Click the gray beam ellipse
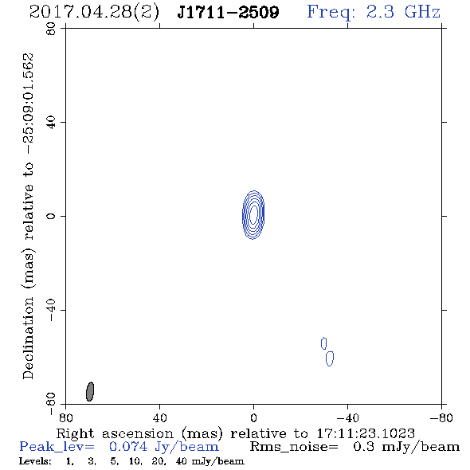[x=90, y=391]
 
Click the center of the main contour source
[x=253, y=214]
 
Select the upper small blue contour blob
[x=323, y=343]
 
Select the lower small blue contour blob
[x=330, y=358]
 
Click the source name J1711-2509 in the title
[x=228, y=12]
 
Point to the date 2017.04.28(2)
[x=94, y=13]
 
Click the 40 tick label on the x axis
[x=159, y=417]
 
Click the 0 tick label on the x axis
[x=253, y=417]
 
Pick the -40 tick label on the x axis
[x=347, y=417]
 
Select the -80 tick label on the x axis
[x=441, y=417]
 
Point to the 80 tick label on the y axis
[x=51, y=29]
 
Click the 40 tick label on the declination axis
[x=51, y=123]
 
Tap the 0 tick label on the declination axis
[x=51, y=216]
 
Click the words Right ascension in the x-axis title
[x=115, y=434]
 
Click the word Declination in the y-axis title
[x=28, y=338]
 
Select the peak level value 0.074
[x=128, y=447]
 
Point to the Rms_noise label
[x=294, y=447]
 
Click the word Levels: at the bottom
[x=35, y=461]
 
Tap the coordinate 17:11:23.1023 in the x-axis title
[x=366, y=433]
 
